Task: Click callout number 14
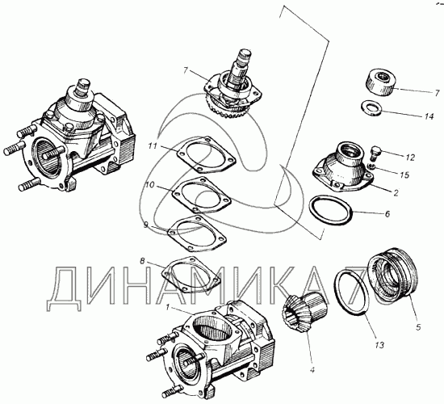(x=429, y=116)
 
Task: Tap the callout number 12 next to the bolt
(x=410, y=158)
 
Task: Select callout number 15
(x=405, y=175)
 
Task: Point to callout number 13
(x=379, y=345)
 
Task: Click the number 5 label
(x=418, y=327)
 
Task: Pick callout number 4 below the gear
(x=312, y=370)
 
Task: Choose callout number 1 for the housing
(x=168, y=307)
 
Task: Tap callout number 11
(x=153, y=145)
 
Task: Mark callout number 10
(x=150, y=185)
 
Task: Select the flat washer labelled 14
(x=372, y=108)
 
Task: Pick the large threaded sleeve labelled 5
(x=393, y=274)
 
